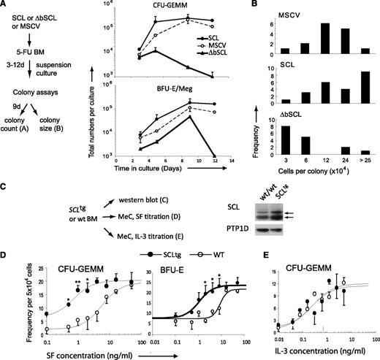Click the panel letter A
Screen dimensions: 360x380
point(4,5)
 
